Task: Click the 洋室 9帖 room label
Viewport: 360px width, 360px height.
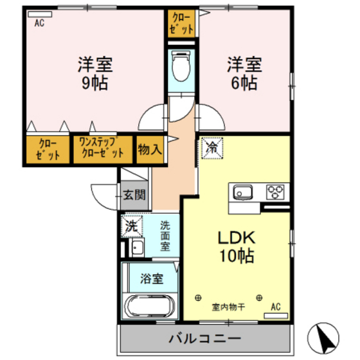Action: (96, 73)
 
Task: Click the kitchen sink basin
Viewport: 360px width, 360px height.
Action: (243, 192)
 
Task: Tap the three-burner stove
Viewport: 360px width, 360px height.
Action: (275, 192)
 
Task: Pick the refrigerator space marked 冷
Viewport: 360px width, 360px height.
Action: (211, 148)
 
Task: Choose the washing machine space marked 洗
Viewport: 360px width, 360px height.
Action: (132, 226)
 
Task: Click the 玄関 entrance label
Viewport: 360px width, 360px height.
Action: (135, 195)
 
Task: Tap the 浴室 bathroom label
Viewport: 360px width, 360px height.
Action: (151, 280)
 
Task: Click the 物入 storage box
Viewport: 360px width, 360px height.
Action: (150, 149)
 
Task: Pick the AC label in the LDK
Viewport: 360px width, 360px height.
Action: (276, 307)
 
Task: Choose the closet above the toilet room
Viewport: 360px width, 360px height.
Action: (181, 23)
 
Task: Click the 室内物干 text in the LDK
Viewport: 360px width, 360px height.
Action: (228, 307)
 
